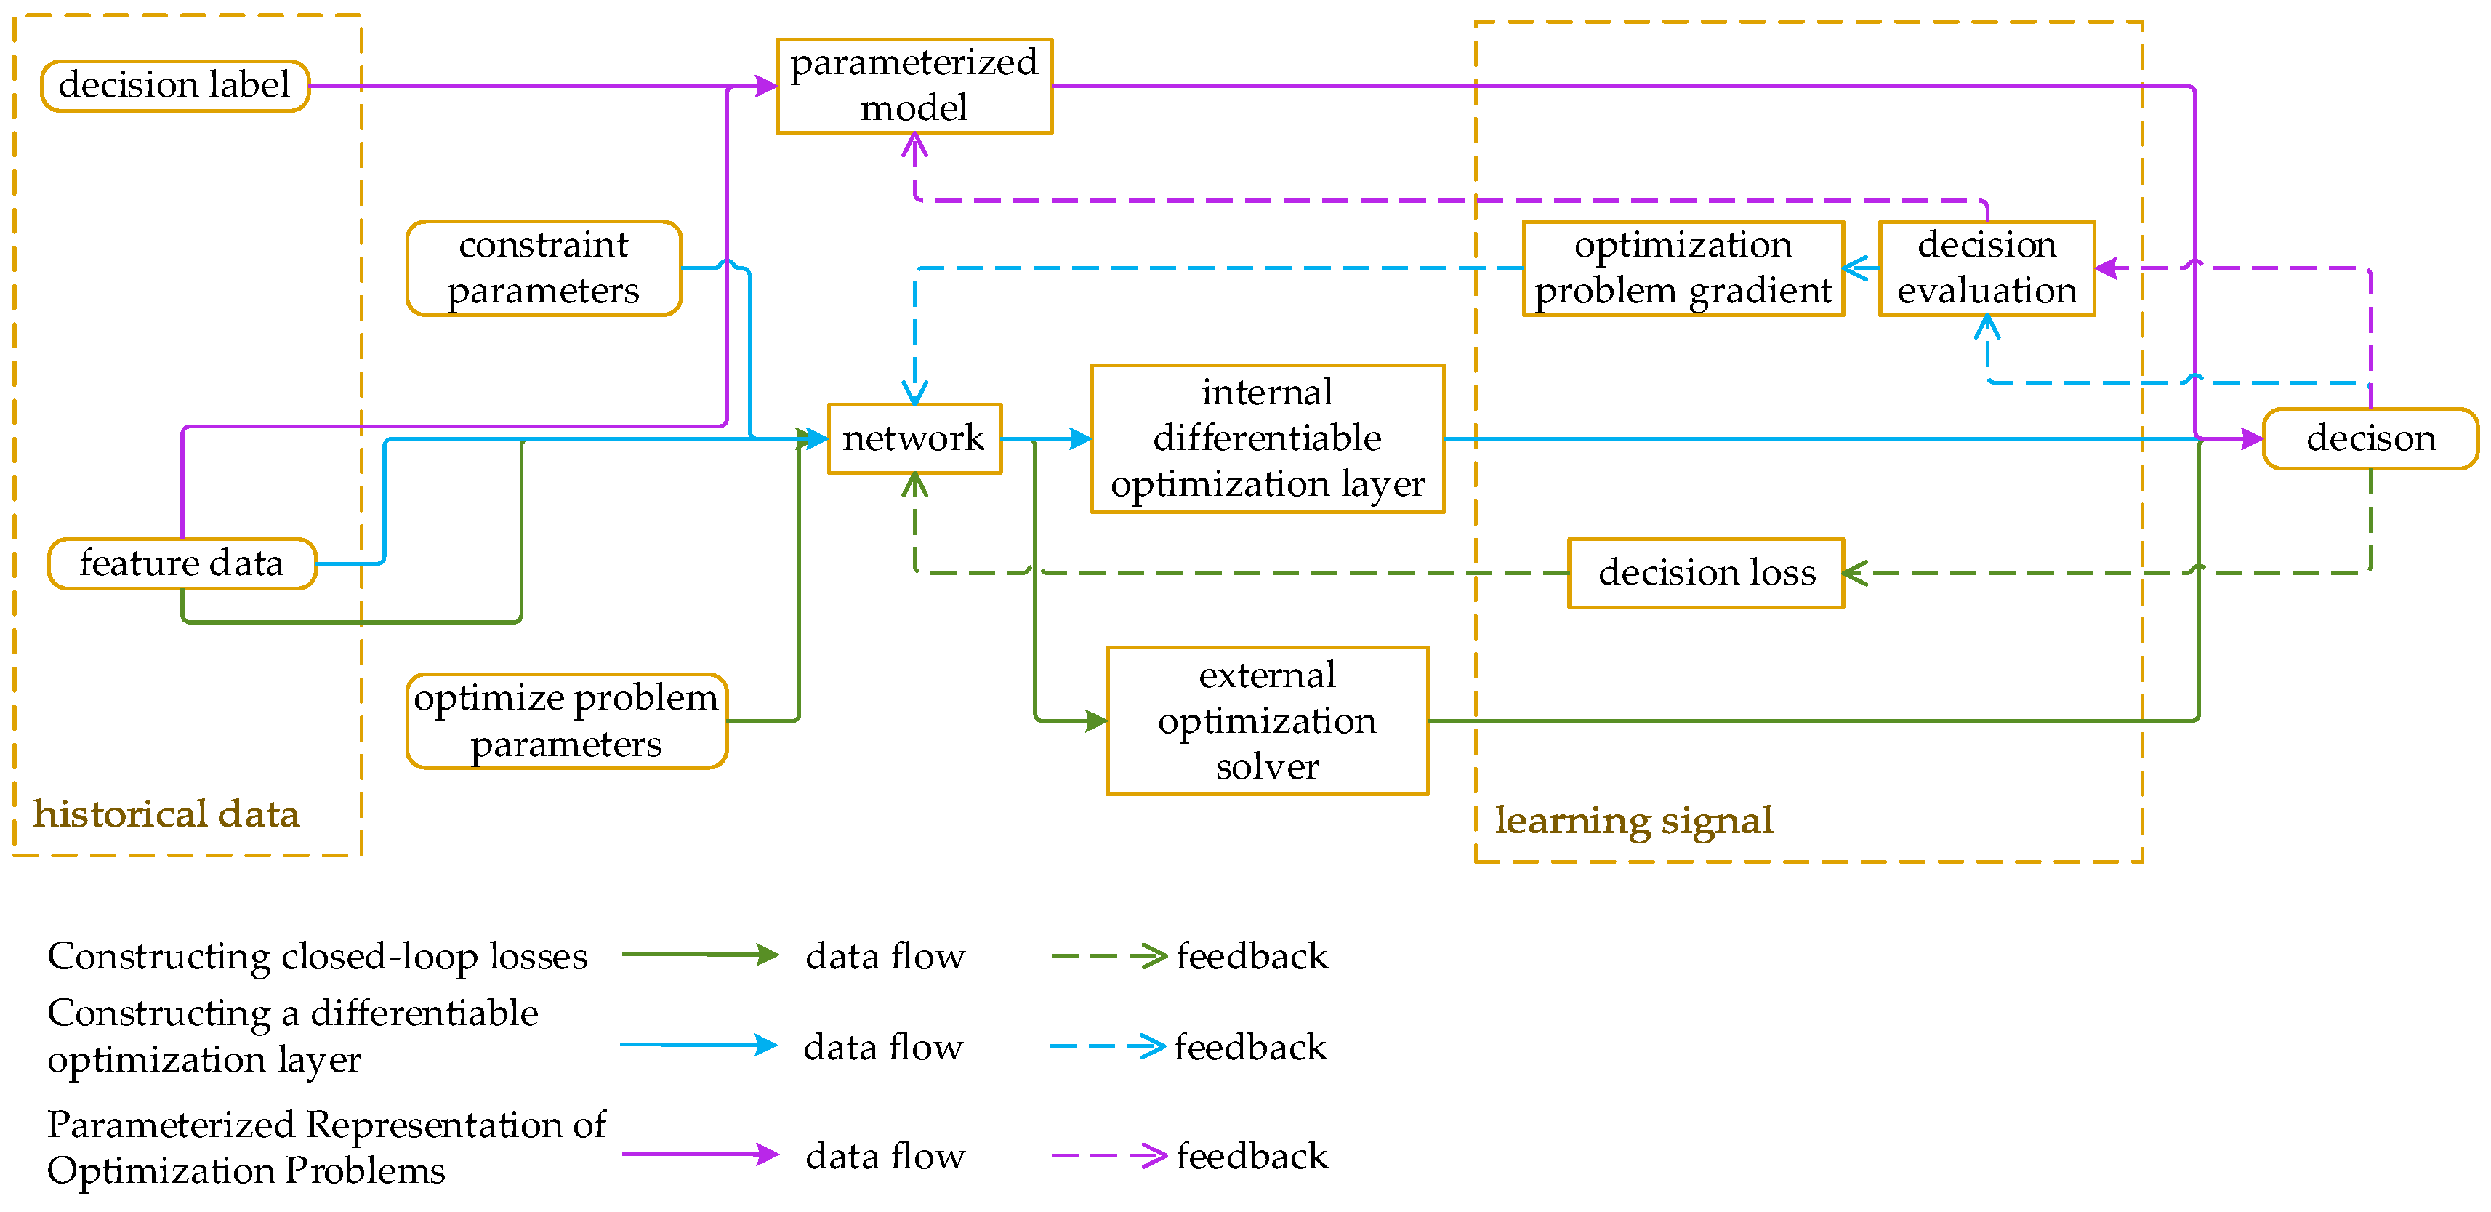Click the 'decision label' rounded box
[174, 86]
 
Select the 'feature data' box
[182, 563]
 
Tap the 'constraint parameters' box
[544, 268]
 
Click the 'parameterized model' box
[914, 85]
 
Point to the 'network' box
[914, 438]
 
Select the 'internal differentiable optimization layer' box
[1267, 438]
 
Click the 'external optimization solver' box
[1267, 721]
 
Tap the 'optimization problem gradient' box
[1683, 268]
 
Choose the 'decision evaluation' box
[1987, 268]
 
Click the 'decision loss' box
[1706, 573]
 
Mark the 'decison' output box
[2370, 438]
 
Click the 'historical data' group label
[166, 814]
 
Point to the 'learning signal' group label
[1633, 820]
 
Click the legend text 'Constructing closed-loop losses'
[317, 955]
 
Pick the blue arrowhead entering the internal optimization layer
[1081, 438]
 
